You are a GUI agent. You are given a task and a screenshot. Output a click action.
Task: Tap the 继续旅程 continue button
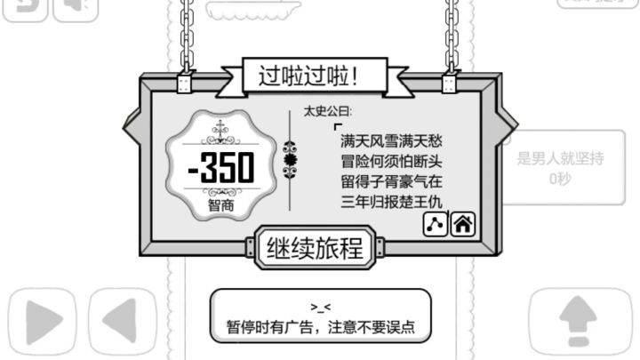(x=315, y=248)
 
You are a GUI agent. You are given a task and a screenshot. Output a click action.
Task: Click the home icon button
(x=462, y=224)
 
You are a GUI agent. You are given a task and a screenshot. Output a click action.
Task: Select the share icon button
(x=435, y=224)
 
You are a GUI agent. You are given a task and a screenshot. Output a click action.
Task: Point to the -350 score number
(x=220, y=167)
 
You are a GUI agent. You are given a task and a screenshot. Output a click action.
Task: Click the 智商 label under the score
(x=220, y=205)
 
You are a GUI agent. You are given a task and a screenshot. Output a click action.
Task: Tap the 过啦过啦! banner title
(x=308, y=76)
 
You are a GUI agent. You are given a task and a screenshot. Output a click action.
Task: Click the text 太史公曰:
(x=327, y=111)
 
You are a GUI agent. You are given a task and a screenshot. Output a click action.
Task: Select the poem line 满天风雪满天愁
(x=391, y=141)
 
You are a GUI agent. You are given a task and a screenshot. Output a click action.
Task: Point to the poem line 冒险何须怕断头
(x=391, y=162)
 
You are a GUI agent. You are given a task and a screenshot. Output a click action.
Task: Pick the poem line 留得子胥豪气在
(x=391, y=181)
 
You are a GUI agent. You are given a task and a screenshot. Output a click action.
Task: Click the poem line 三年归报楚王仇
(x=391, y=202)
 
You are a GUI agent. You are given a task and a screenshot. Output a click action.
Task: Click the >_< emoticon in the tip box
(x=320, y=307)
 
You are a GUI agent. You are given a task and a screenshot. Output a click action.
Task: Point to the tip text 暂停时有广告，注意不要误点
(x=320, y=327)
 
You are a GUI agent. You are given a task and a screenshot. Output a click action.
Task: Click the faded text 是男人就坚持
(x=560, y=158)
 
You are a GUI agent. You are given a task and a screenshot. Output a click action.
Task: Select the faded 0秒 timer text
(x=560, y=179)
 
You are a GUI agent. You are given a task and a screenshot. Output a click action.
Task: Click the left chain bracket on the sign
(x=184, y=83)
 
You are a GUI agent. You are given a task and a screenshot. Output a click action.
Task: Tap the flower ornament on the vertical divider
(x=290, y=160)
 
